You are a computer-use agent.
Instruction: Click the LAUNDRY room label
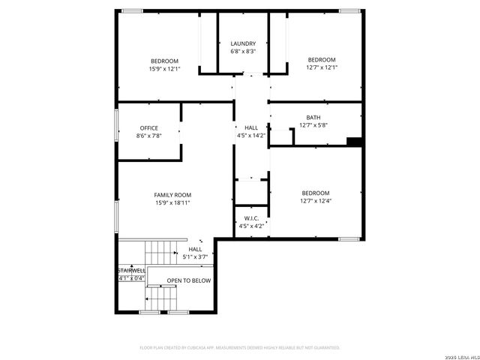[x=243, y=43]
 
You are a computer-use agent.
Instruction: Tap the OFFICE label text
[x=148, y=127]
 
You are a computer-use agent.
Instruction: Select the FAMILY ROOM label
[x=172, y=195]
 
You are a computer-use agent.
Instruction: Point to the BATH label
[x=313, y=118]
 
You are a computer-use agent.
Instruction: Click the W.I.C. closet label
[x=251, y=218]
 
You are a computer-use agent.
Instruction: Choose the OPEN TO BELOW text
[x=188, y=280]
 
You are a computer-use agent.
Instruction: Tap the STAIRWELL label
[x=130, y=270]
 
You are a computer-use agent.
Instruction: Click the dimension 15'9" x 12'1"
[x=164, y=69]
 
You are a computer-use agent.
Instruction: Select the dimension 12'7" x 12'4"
[x=315, y=201]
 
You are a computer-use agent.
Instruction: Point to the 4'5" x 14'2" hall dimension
[x=250, y=136]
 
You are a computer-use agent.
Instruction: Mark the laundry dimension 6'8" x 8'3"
[x=243, y=52]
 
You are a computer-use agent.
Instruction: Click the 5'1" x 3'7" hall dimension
[x=195, y=257]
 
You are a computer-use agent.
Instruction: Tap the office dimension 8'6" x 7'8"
[x=148, y=136]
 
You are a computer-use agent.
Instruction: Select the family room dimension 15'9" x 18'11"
[x=172, y=202]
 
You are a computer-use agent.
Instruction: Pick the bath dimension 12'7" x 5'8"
[x=313, y=125]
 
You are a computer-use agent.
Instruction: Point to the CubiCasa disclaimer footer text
[x=240, y=347]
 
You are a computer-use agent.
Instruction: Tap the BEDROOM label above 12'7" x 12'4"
[x=316, y=193]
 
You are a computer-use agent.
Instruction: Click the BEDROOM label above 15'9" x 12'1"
[x=164, y=61]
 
